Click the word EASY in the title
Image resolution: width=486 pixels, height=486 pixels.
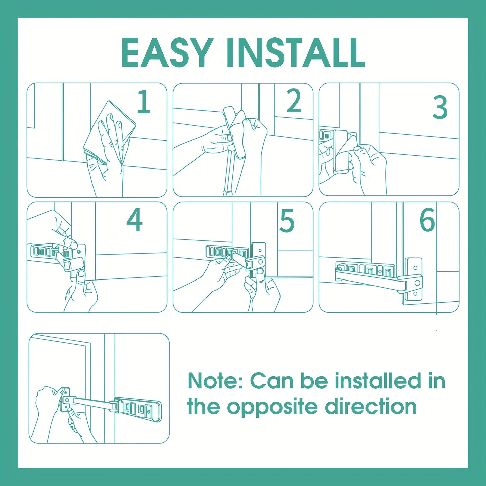(x=167, y=53)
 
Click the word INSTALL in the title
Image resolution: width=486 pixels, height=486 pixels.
(x=296, y=53)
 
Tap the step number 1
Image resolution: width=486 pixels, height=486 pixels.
(x=144, y=102)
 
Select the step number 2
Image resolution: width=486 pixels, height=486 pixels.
(x=294, y=101)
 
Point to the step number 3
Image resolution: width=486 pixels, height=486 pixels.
(x=440, y=108)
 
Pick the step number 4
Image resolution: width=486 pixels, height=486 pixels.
(x=135, y=220)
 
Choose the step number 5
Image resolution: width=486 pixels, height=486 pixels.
(x=287, y=221)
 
